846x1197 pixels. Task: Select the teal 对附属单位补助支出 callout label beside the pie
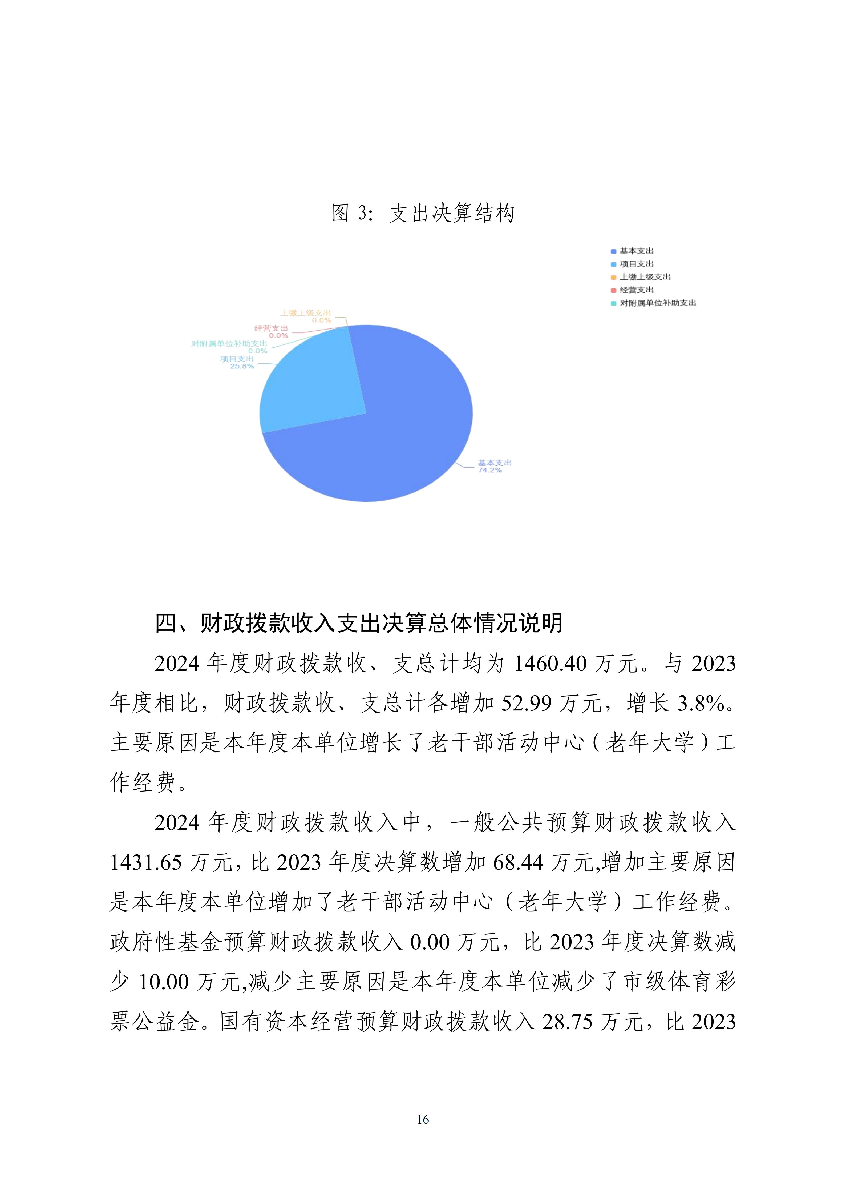pyautogui.click(x=229, y=344)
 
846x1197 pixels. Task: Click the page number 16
pyautogui.click(x=423, y=1119)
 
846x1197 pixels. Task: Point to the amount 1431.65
pyautogui.click(x=146, y=863)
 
